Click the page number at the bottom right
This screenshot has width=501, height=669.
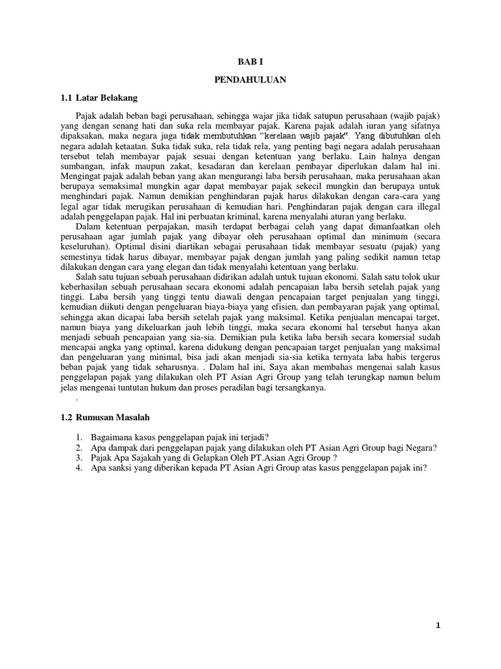438,625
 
